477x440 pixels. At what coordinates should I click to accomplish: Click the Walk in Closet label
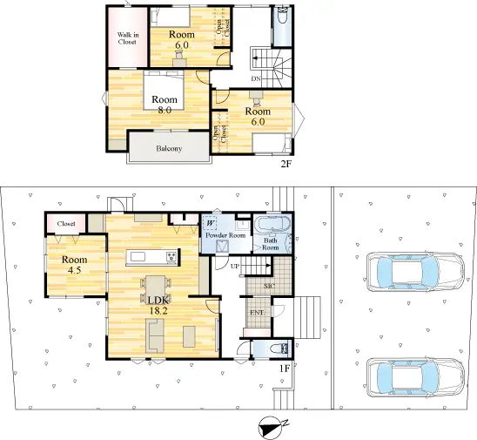click(128, 38)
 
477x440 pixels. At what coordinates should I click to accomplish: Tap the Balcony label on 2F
click(169, 149)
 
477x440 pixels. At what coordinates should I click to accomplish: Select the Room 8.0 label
click(165, 105)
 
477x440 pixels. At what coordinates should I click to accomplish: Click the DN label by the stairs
click(256, 78)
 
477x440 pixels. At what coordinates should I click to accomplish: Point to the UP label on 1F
click(235, 267)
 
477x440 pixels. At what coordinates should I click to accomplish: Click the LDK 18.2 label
click(158, 306)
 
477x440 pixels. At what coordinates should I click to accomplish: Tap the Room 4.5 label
click(75, 265)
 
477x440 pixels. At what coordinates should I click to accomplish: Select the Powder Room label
click(225, 235)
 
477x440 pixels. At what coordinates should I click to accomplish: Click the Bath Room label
click(271, 244)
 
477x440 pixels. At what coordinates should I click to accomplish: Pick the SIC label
click(270, 286)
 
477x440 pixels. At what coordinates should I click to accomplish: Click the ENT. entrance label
click(258, 313)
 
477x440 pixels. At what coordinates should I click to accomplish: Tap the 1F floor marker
click(285, 369)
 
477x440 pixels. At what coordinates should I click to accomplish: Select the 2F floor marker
click(286, 165)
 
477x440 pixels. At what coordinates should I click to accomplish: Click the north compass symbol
click(272, 427)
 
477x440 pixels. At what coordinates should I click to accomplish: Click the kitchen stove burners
click(171, 256)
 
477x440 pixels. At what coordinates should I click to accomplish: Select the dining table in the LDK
click(156, 290)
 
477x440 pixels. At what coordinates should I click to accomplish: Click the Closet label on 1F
click(66, 224)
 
